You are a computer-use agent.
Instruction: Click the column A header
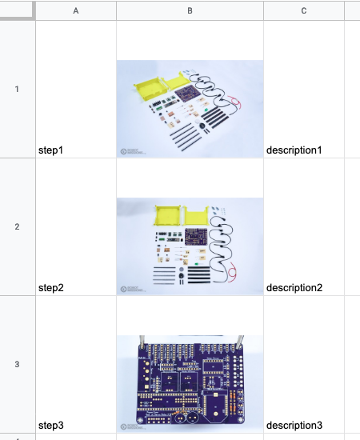pos(76,11)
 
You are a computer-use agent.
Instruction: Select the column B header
pos(190,11)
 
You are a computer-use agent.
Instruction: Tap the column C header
pos(304,11)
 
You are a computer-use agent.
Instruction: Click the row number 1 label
pos(17,90)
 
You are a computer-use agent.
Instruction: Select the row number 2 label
pos(17,226)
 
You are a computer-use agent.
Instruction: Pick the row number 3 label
pos(17,364)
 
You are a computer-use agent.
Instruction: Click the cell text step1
pos(50,150)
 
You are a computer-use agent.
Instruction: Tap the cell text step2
pos(51,288)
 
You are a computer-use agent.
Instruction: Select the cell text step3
pos(51,426)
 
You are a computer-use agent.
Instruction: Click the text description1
pos(294,150)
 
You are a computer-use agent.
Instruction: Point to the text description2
pos(294,288)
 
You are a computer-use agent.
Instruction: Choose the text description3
pos(294,426)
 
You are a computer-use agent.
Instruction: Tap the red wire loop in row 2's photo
pos(232,272)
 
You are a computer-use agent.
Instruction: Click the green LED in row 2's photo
pos(197,264)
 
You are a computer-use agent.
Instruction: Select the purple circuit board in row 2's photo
pos(196,237)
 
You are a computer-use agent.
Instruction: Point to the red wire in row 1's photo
pos(235,102)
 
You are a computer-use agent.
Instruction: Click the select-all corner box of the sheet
pos(17,10)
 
